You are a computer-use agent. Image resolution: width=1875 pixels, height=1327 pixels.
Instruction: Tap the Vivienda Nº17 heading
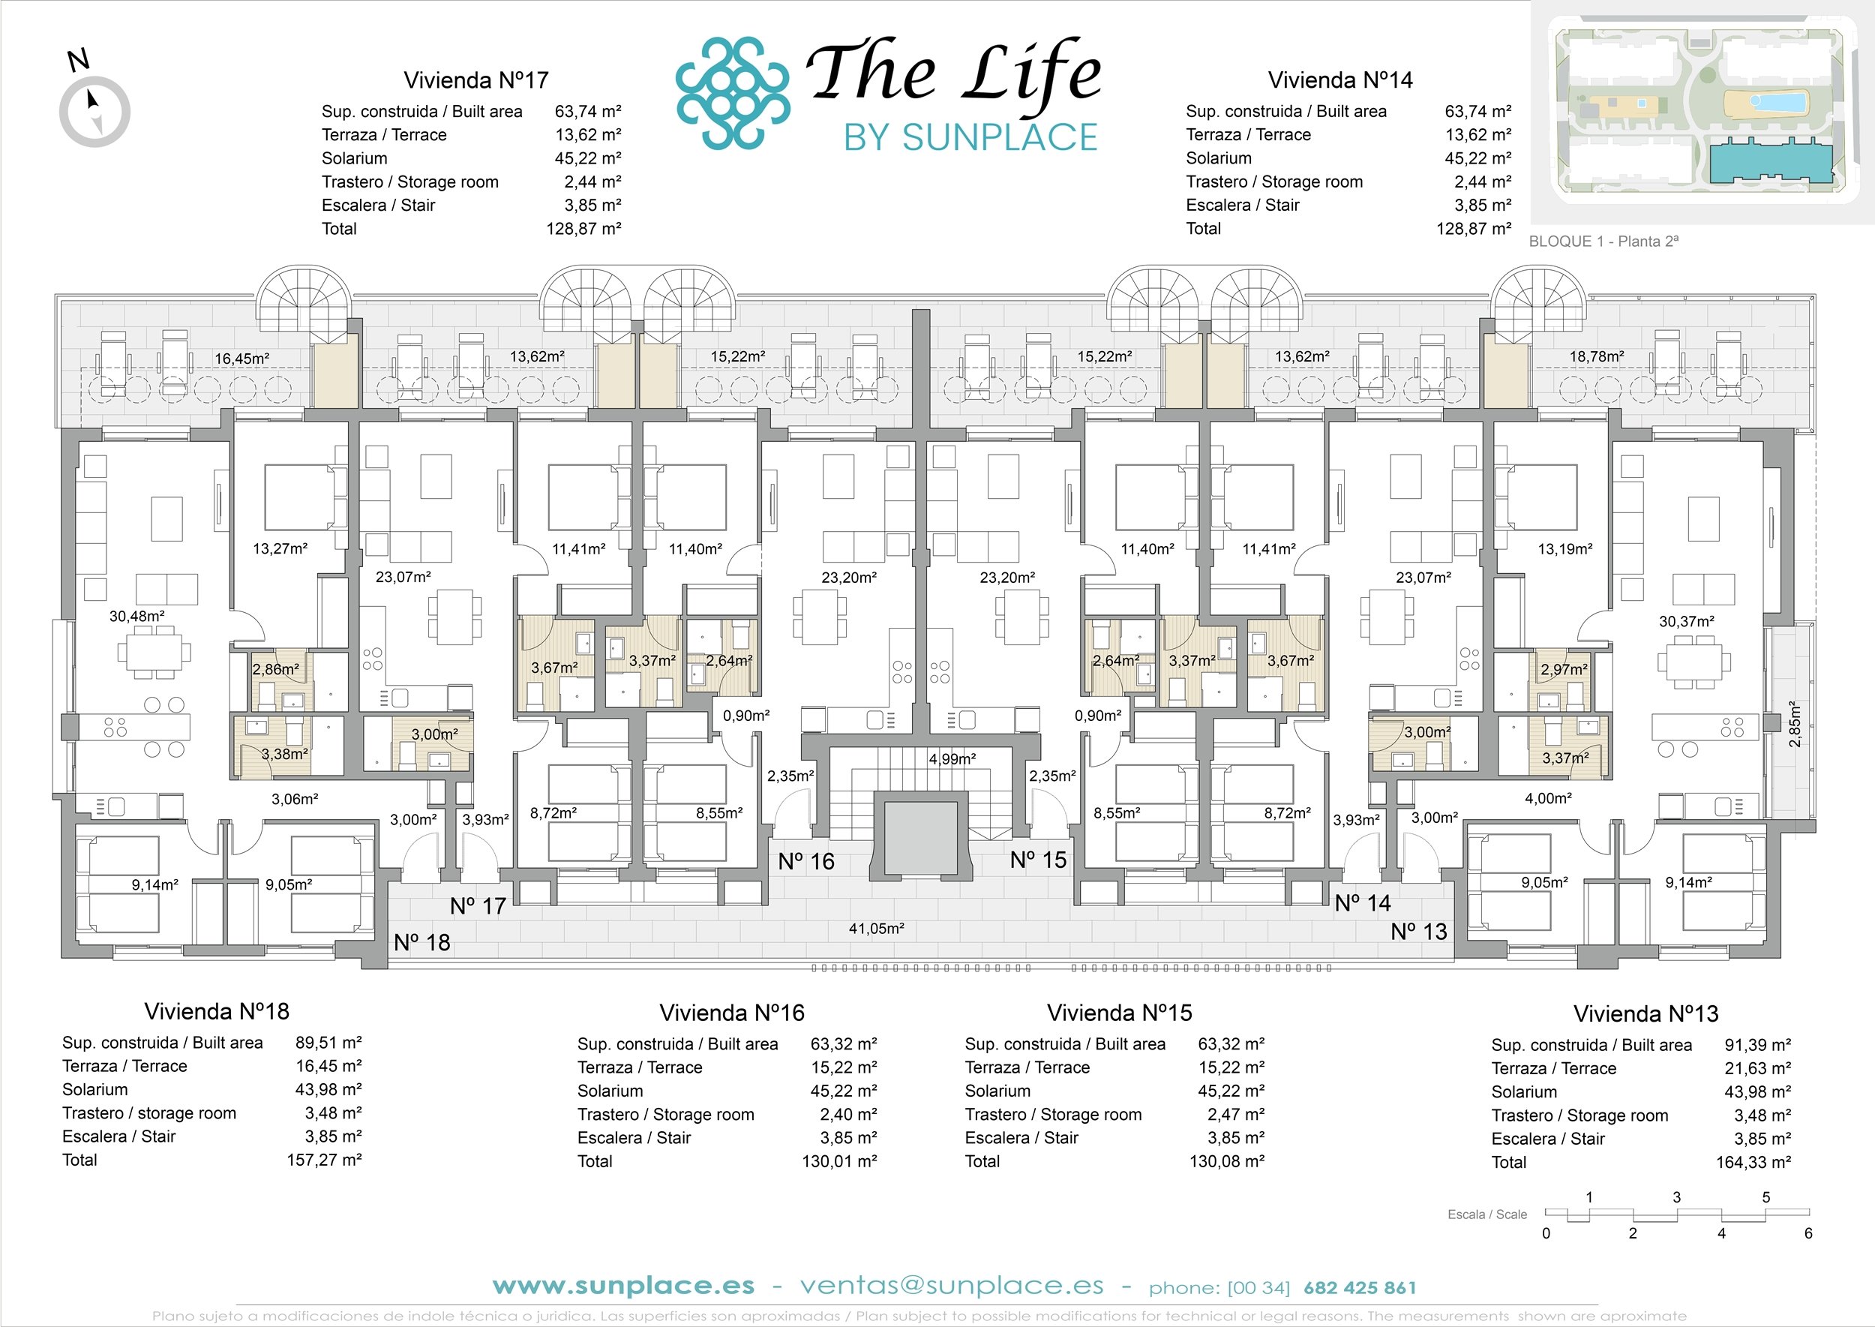point(475,80)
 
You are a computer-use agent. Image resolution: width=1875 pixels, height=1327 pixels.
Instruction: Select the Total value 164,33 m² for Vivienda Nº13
point(1753,1162)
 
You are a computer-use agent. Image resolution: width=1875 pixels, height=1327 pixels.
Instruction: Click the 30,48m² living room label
point(136,616)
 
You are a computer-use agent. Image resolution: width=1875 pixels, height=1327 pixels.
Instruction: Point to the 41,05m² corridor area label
point(877,928)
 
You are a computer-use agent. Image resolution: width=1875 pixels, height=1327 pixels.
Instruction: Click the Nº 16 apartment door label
point(806,861)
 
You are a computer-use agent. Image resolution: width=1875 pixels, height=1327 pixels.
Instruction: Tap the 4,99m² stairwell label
point(952,759)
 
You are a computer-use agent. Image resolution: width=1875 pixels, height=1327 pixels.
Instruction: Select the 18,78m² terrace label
point(1597,356)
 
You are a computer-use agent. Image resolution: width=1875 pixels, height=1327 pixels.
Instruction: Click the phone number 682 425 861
point(1360,1289)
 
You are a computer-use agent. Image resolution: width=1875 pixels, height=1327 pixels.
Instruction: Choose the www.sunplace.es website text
point(623,1286)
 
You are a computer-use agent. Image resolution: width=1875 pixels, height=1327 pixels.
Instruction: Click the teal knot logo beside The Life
point(733,94)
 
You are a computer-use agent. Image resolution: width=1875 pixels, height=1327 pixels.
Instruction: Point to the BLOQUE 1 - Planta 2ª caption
point(1603,241)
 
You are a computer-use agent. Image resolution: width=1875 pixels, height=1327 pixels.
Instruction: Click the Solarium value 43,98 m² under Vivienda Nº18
point(328,1089)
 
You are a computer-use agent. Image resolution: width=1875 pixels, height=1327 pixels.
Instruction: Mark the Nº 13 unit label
point(1419,932)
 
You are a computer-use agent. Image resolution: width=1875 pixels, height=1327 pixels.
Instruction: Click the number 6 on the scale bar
point(1808,1234)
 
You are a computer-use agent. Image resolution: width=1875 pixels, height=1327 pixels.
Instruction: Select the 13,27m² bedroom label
point(280,548)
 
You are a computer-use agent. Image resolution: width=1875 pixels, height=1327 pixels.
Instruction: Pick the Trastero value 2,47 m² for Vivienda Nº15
point(1236,1115)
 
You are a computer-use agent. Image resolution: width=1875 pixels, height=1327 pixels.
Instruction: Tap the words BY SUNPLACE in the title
point(970,137)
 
